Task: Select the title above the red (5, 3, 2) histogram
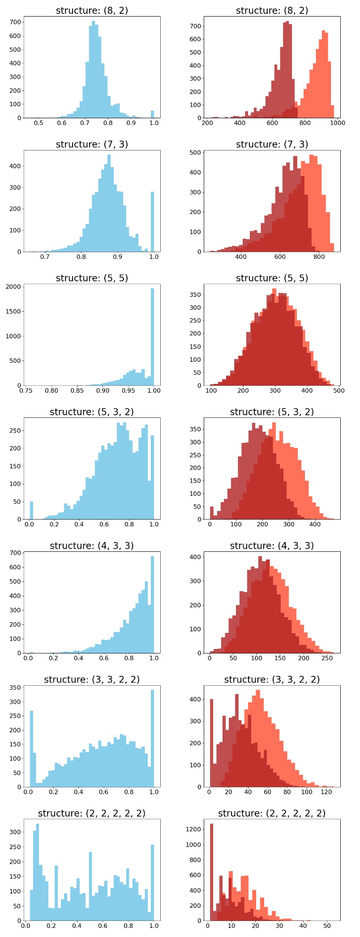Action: pyautogui.click(x=272, y=412)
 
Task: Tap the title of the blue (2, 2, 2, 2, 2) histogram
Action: pyautogui.click(x=92, y=813)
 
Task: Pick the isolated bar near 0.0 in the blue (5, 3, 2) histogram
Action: pyautogui.click(x=31, y=510)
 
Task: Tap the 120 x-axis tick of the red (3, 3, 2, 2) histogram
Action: pyautogui.click(x=326, y=792)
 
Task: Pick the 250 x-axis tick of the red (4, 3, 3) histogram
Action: pyautogui.click(x=327, y=658)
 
